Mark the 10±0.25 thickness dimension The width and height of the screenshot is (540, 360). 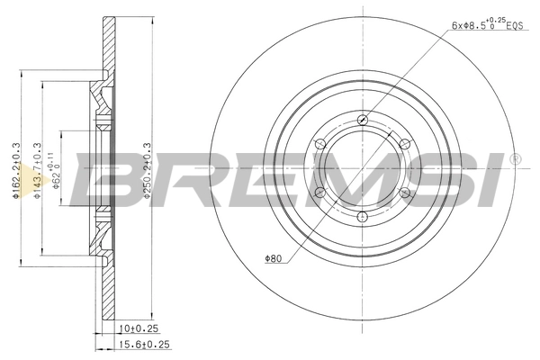coord(137,329)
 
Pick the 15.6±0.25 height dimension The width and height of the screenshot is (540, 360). coord(145,344)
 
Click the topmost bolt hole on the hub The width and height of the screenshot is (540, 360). coord(363,120)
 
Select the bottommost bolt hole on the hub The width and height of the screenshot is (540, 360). coord(363,216)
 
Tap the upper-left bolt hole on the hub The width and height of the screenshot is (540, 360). coord(321,144)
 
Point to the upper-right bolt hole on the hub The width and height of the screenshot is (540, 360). coord(404,144)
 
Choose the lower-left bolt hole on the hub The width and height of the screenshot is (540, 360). coord(321,192)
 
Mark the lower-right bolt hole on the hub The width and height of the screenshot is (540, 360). coord(404,192)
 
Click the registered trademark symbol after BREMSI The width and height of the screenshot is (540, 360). coord(515,159)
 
